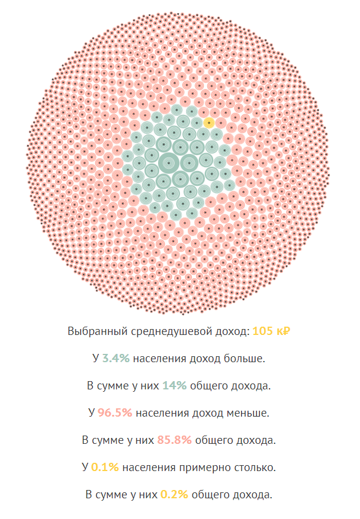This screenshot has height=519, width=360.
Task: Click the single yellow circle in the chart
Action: pyautogui.click(x=209, y=123)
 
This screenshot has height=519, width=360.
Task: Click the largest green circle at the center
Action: pyautogui.click(x=169, y=162)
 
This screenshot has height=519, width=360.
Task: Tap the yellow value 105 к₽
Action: pyautogui.click(x=271, y=331)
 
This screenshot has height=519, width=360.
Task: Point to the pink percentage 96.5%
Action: pyautogui.click(x=114, y=413)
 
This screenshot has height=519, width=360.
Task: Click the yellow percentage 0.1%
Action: pyautogui.click(x=105, y=468)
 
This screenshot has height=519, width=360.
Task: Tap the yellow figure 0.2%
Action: pyautogui.click(x=174, y=495)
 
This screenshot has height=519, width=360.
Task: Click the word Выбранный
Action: pyautogui.click(x=95, y=331)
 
